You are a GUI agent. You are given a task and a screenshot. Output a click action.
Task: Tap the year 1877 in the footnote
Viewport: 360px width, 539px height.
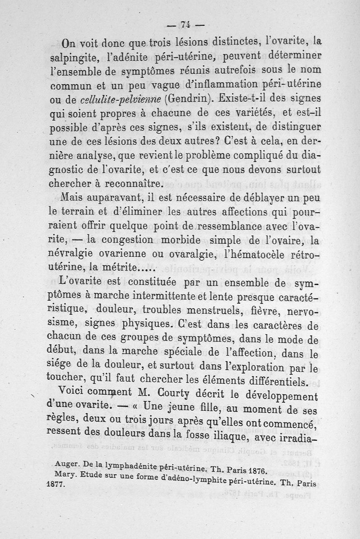[56, 486]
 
